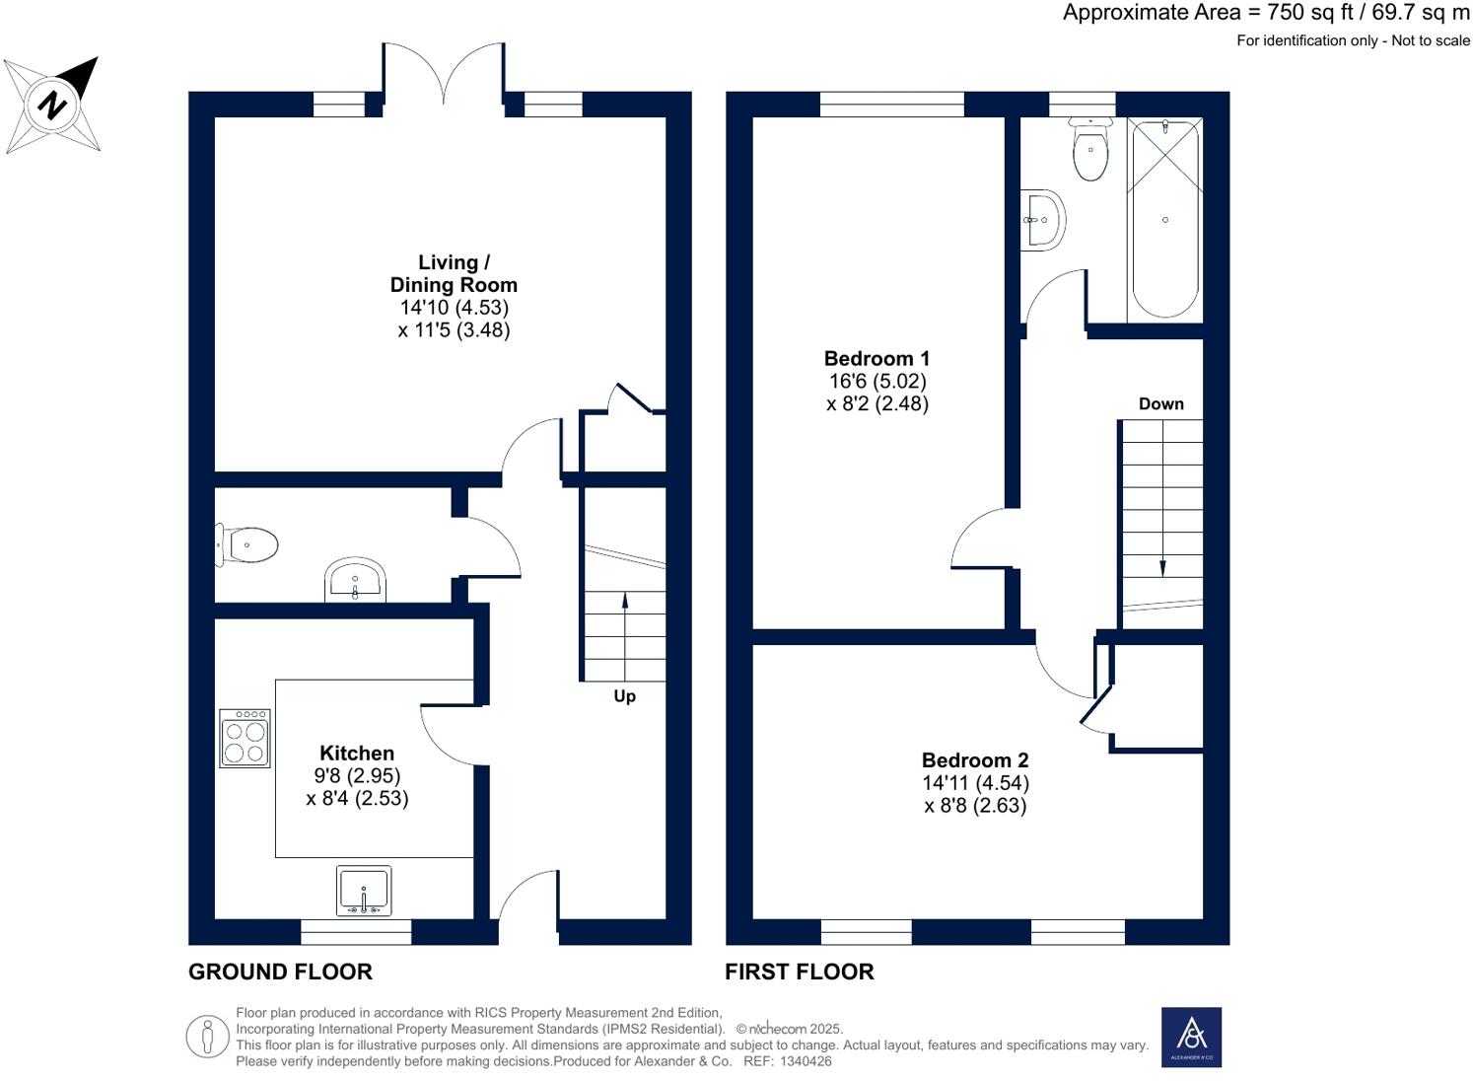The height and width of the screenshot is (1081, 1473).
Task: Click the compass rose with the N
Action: (52, 105)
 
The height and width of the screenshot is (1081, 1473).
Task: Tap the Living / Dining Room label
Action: (454, 273)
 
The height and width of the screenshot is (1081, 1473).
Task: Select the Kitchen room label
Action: (357, 754)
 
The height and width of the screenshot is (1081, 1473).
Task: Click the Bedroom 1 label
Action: (877, 358)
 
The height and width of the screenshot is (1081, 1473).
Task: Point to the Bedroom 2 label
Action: (975, 760)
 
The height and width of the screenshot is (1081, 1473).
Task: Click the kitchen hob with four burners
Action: (245, 739)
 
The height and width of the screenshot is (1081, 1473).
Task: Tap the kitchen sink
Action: (364, 891)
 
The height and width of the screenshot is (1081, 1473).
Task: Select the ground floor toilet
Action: (248, 544)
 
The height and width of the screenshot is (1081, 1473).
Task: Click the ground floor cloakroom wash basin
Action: (355, 580)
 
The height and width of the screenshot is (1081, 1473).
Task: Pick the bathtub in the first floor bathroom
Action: (1164, 219)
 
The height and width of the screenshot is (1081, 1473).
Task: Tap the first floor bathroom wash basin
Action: (1042, 219)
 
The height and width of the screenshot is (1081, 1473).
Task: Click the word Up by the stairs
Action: (624, 696)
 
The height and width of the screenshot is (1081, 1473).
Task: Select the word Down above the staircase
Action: (1160, 403)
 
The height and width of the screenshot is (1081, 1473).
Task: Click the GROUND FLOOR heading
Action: (280, 972)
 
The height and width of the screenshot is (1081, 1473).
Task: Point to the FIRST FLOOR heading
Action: (799, 972)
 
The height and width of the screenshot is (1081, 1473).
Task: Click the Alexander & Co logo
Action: (1191, 1037)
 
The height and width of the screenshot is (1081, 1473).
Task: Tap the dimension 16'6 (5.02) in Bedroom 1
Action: (877, 381)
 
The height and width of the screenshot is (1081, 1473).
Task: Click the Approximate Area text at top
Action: (1265, 13)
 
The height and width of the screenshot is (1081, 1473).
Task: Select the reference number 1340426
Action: (806, 1061)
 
